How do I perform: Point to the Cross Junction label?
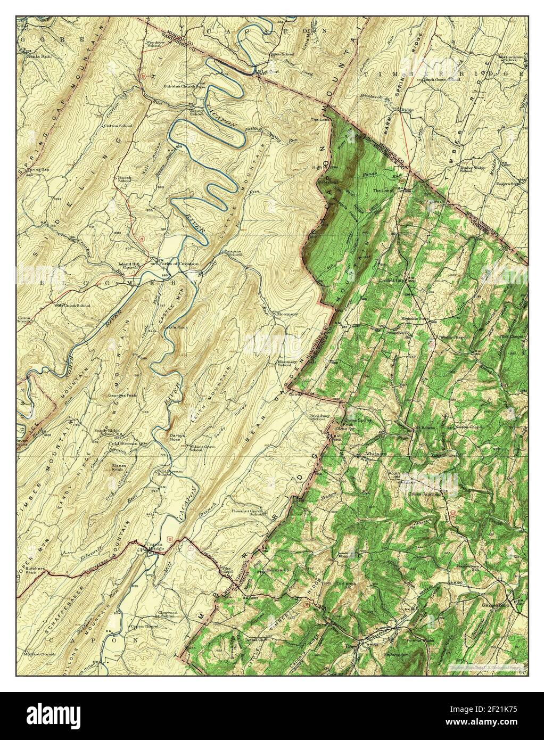(x=424, y=494)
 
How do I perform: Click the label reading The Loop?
(x=383, y=190)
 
